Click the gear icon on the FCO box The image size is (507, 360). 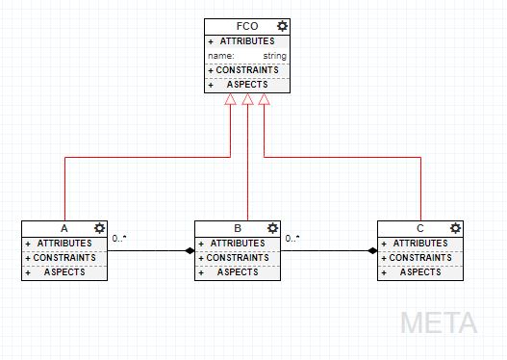(282, 26)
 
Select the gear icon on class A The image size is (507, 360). (99, 228)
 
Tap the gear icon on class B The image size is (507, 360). (272, 228)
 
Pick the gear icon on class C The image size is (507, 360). (455, 228)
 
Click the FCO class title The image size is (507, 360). (246, 26)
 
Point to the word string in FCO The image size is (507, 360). (274, 56)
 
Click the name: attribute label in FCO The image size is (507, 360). (221, 56)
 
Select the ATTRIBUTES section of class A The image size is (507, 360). (64, 244)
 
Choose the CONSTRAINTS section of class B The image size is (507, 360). (238, 258)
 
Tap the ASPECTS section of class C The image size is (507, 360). (420, 272)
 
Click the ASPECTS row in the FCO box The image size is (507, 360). (247, 85)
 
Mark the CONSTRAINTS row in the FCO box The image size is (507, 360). (247, 70)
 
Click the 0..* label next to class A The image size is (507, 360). (120, 238)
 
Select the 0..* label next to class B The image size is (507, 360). (293, 238)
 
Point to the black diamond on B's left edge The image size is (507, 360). (190, 251)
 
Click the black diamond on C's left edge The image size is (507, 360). (372, 251)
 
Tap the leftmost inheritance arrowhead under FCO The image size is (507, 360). (231, 99)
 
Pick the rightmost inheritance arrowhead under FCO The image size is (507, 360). (265, 99)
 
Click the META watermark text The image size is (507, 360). (439, 321)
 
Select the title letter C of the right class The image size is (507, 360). (420, 228)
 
